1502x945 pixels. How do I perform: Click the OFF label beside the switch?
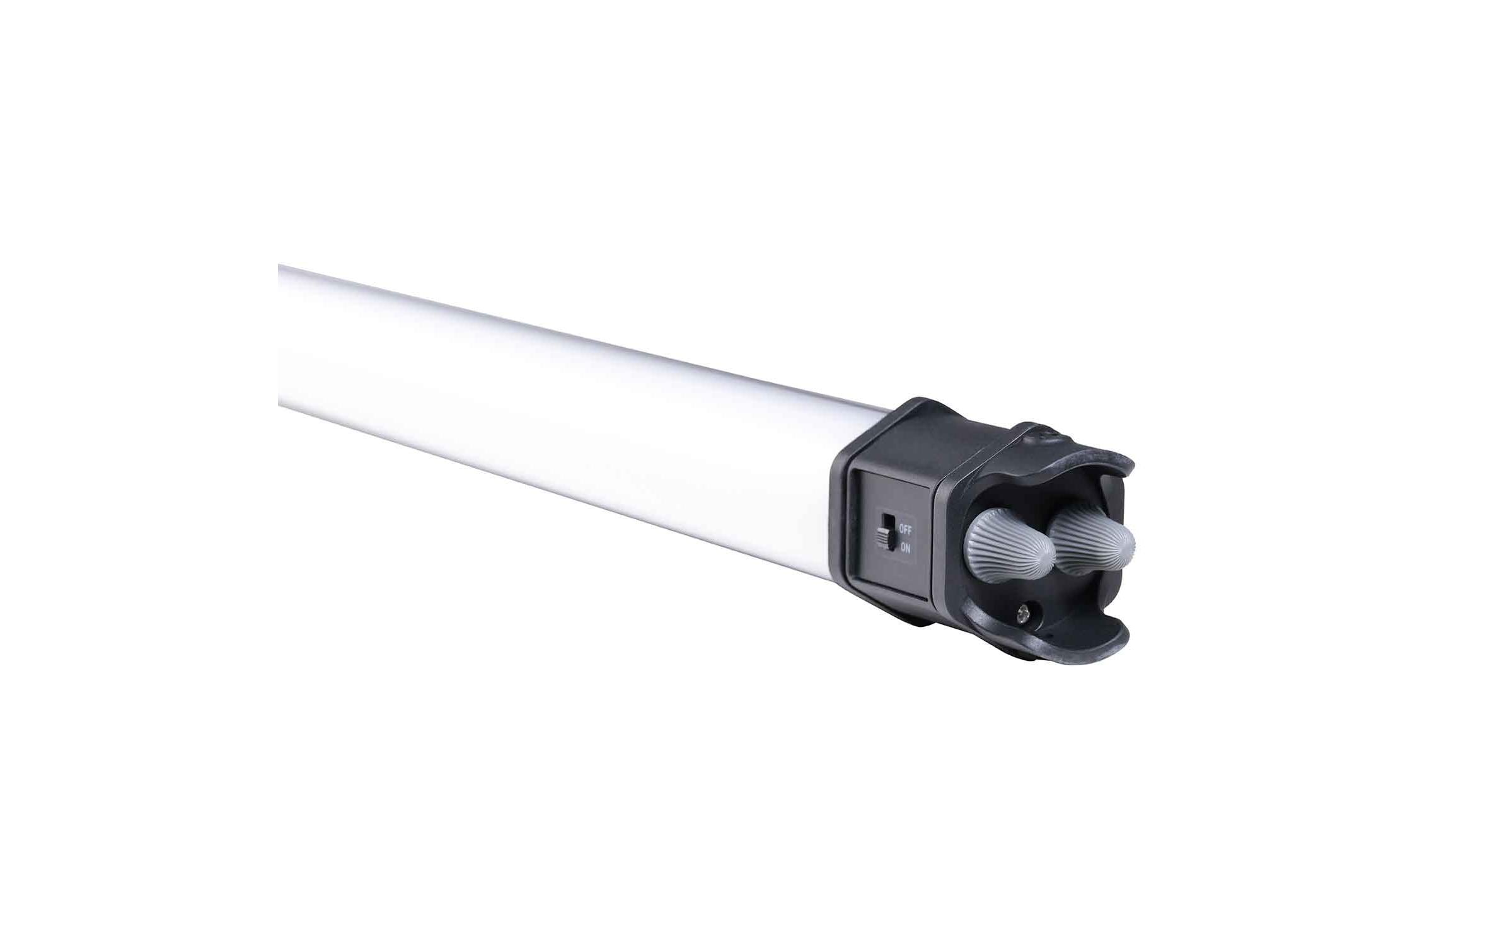pos(905,529)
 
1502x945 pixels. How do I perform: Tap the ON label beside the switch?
pos(905,547)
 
